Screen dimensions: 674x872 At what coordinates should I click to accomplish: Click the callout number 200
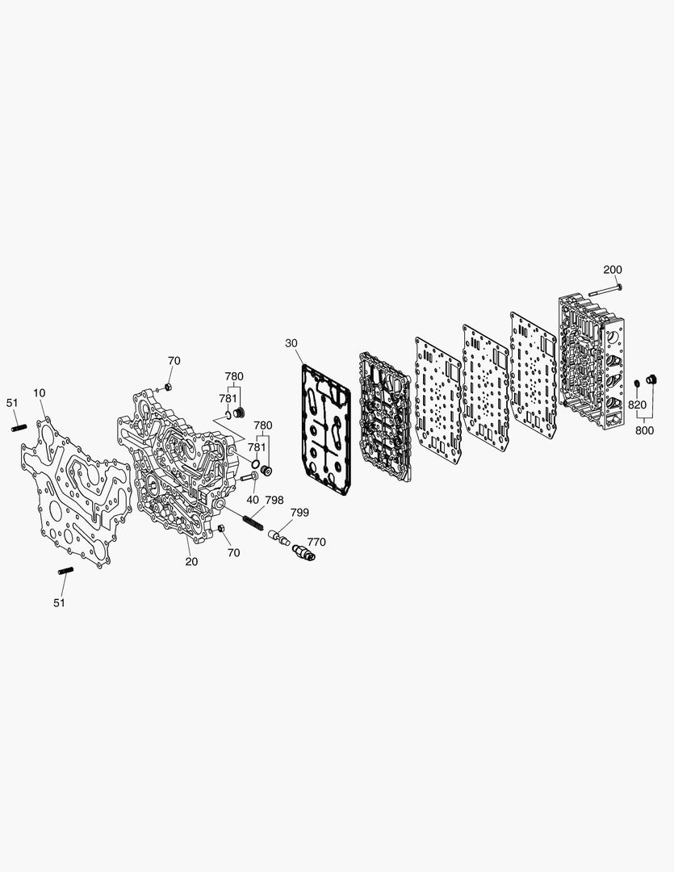click(x=613, y=270)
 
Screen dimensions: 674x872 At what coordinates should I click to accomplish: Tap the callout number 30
click(x=291, y=343)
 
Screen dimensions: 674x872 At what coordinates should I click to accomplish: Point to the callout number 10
click(x=39, y=393)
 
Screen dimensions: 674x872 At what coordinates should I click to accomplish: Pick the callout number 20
click(x=191, y=562)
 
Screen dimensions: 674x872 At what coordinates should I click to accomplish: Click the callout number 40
click(x=253, y=500)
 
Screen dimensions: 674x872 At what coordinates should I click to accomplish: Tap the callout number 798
click(x=274, y=500)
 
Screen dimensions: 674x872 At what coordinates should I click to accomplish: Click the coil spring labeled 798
click(x=253, y=524)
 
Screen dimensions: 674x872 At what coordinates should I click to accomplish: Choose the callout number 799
click(x=299, y=512)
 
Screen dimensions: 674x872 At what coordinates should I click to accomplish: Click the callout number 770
click(x=316, y=543)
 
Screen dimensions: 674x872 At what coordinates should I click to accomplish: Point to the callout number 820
click(x=638, y=405)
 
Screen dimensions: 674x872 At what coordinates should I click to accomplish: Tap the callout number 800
click(x=644, y=430)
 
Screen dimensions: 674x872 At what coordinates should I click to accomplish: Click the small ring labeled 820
click(x=638, y=383)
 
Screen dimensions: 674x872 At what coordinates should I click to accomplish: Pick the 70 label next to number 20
click(x=233, y=553)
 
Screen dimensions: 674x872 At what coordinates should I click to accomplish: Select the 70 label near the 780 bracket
click(x=174, y=361)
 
